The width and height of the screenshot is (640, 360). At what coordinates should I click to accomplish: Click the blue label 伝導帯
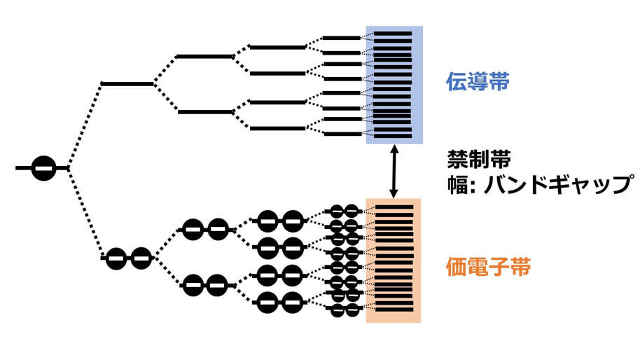tap(478, 82)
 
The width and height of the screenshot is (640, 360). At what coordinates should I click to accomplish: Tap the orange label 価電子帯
tap(488, 267)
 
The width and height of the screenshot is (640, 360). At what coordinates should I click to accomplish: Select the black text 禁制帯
tap(479, 159)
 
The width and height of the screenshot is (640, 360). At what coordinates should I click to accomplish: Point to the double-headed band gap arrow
tap(394, 171)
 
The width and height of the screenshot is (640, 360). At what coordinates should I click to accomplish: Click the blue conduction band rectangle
tap(394, 85)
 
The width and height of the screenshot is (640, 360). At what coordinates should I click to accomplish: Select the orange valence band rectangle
tap(394, 261)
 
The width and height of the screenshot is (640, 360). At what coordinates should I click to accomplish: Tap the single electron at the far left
tap(44, 168)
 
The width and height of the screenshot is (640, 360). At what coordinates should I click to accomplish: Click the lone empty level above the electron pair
tap(127, 84)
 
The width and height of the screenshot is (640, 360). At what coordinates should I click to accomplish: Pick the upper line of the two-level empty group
tap(204, 56)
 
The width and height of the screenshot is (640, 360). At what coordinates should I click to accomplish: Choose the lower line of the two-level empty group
tap(205, 112)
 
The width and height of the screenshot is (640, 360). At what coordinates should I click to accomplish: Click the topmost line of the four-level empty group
tap(277, 48)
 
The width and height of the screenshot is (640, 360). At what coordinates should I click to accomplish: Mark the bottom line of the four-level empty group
tap(277, 129)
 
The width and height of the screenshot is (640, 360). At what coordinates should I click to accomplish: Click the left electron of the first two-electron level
tap(116, 258)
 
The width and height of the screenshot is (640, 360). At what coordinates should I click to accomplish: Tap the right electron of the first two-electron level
tap(141, 258)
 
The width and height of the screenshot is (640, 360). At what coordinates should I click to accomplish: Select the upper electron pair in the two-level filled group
tap(205, 230)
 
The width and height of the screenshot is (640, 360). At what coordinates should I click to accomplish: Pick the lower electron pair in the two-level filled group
tap(205, 285)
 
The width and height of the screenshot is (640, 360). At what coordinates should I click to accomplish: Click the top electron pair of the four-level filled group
tap(279, 221)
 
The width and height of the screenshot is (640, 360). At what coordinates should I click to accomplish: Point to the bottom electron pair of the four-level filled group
tap(279, 303)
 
